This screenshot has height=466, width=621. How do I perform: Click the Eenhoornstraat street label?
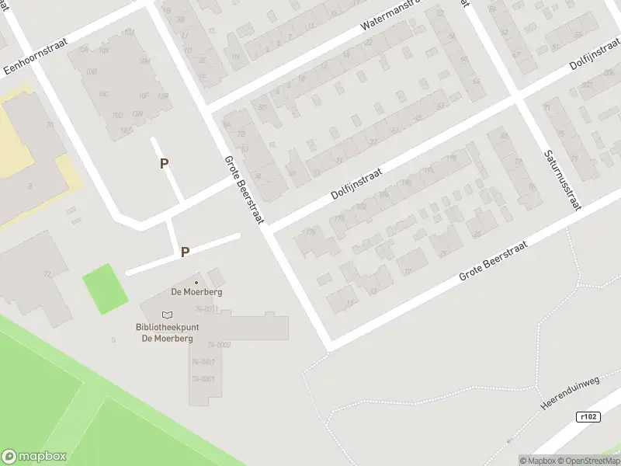[33, 56]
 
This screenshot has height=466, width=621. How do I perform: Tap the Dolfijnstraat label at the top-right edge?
[594, 56]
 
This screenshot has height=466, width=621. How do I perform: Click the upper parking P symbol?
[164, 163]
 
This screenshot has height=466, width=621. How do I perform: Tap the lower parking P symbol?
[185, 252]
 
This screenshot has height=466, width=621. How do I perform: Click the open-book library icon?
[167, 314]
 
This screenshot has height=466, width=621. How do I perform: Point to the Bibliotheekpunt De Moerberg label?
[167, 332]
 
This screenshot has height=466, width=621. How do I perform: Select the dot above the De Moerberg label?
[196, 282]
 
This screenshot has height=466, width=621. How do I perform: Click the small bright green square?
[105, 288]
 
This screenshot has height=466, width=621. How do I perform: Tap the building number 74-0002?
[219, 344]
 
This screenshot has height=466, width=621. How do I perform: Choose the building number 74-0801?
[203, 379]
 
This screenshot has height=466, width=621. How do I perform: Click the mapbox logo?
[34, 457]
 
